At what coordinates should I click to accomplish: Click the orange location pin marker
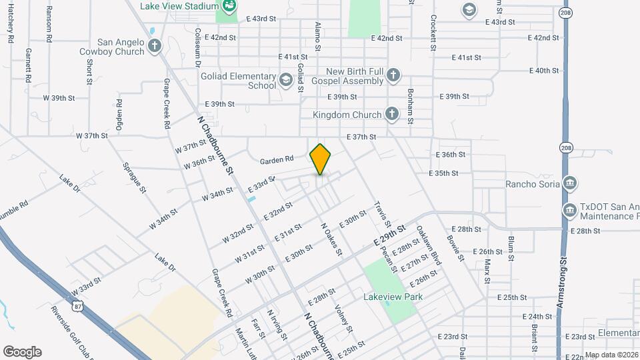[x=321, y=159]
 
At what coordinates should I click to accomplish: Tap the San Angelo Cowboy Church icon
[x=155, y=46]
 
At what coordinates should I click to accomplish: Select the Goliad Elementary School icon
[x=286, y=81]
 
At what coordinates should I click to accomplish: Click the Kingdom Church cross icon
[x=392, y=115]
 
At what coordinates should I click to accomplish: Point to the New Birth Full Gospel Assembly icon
[x=394, y=76]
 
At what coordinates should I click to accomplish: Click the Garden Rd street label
[x=277, y=159]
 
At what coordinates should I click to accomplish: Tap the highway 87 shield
[x=79, y=306]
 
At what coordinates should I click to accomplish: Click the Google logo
[x=22, y=351]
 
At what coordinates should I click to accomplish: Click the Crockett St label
[x=433, y=33]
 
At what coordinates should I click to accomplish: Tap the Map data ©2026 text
[x=611, y=355]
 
